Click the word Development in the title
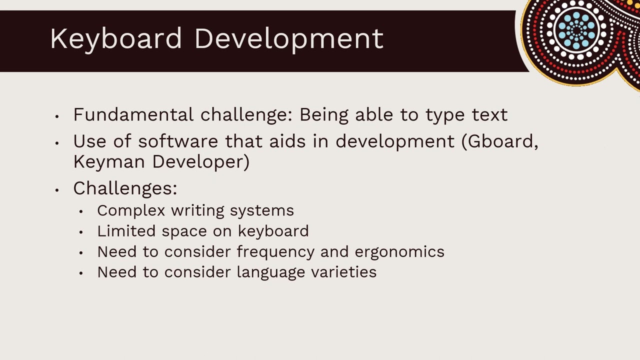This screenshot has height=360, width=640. (288, 39)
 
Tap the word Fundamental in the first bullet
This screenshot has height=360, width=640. (133, 115)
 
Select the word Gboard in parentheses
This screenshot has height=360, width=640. (500, 141)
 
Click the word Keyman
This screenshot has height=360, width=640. (110, 162)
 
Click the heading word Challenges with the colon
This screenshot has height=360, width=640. (125, 188)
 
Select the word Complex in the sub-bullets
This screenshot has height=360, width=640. (131, 210)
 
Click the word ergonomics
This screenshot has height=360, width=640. (399, 251)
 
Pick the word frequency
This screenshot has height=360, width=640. (276, 251)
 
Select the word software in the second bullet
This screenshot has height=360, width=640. (178, 141)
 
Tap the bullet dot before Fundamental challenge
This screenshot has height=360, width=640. (57, 116)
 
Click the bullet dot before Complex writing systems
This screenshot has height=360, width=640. (81, 211)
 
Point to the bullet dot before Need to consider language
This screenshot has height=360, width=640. (81, 273)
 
